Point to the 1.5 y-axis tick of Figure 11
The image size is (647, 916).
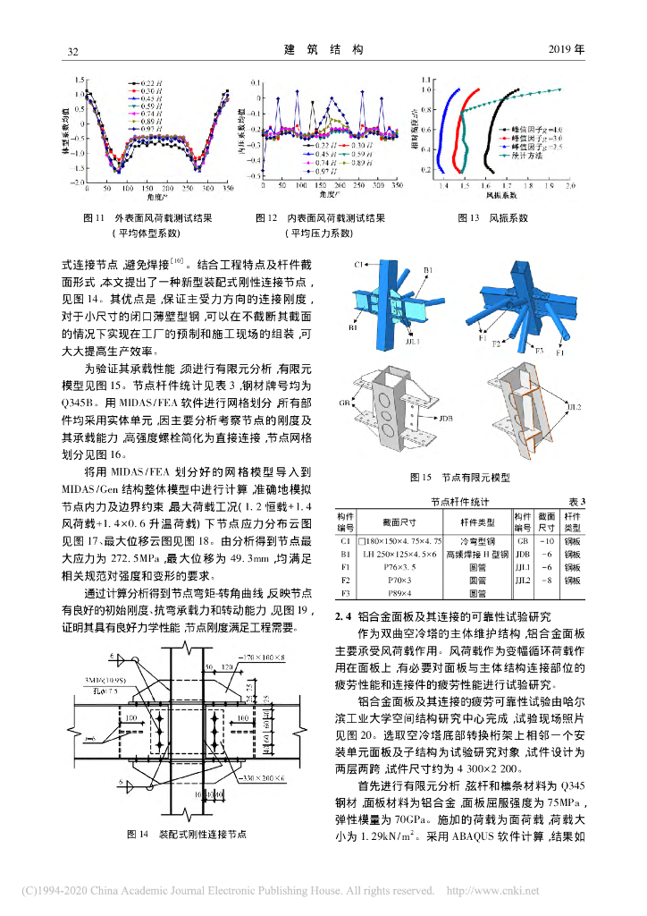(x=80, y=79)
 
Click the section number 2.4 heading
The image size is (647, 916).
(x=342, y=615)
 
